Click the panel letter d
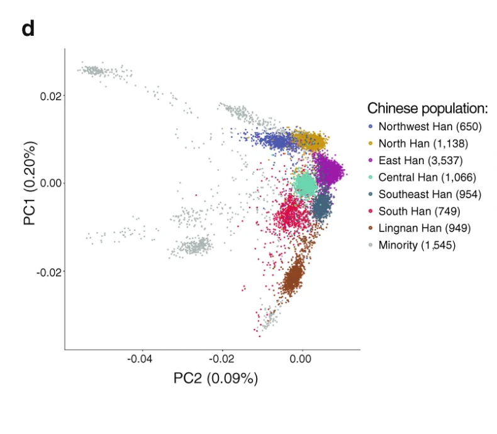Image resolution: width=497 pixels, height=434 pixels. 28,29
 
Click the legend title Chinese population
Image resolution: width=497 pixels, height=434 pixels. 428,108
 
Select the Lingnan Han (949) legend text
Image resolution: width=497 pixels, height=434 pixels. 425,228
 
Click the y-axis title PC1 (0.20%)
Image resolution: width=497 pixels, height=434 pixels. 31,184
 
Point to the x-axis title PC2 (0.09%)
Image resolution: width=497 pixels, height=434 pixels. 216,379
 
